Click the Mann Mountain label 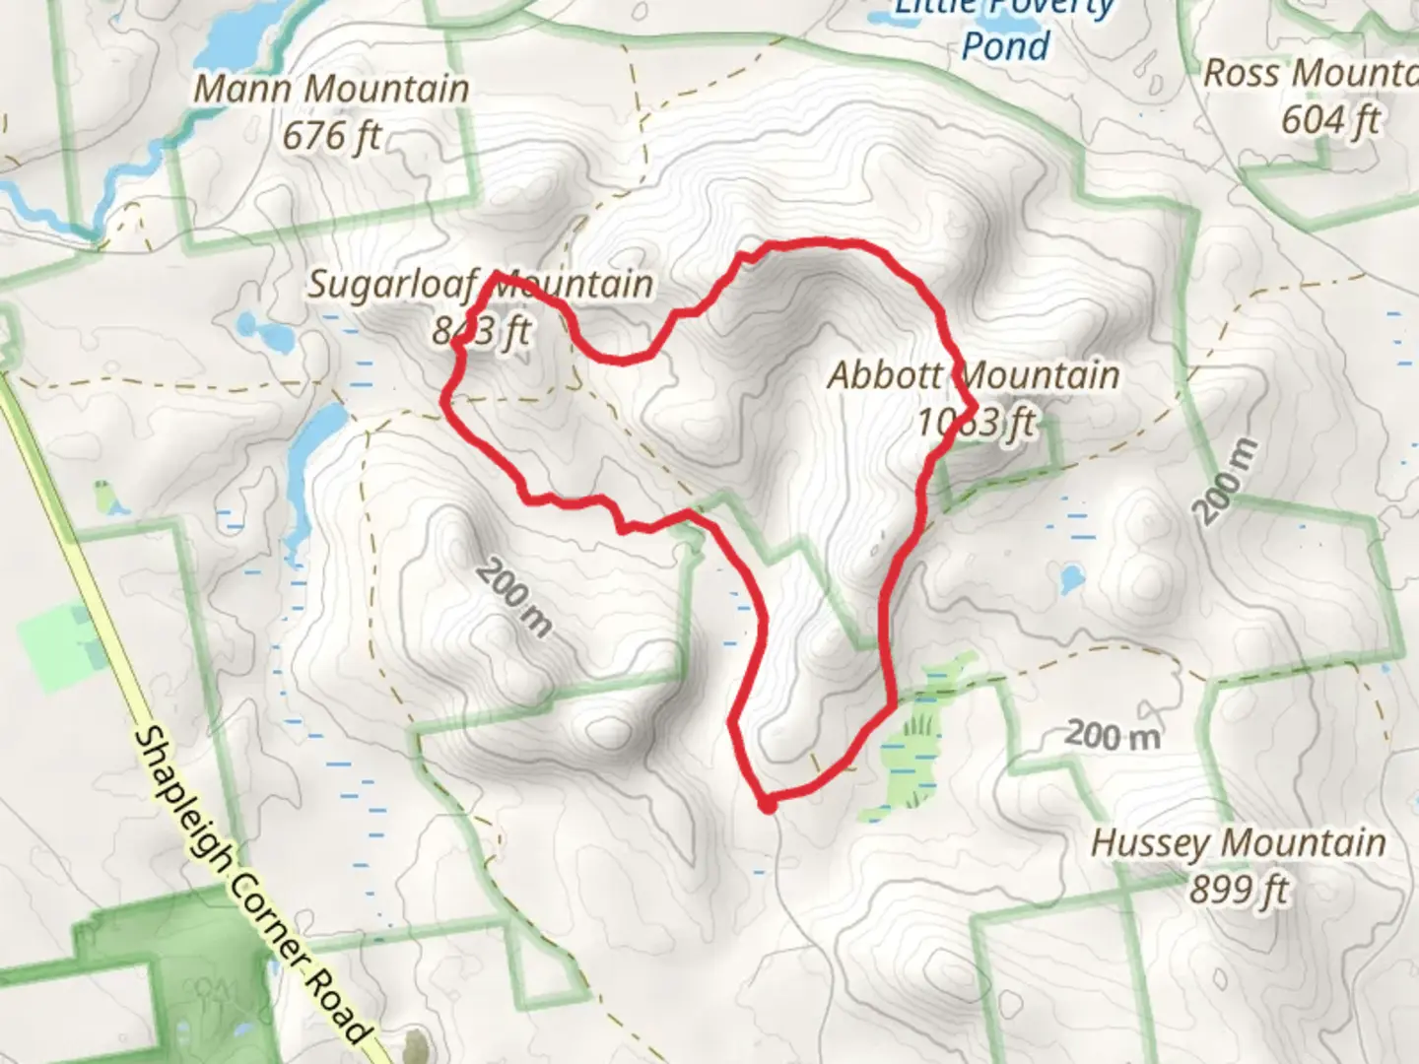point(331,89)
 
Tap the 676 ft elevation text point(331,135)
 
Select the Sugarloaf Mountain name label point(480,285)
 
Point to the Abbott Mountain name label point(974,375)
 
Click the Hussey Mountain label point(1238,843)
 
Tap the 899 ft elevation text point(1239,890)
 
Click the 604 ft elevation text point(1330,120)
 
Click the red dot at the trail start point(768,806)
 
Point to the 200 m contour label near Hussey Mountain point(1113,735)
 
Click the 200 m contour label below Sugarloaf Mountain point(515,598)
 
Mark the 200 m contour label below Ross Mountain point(1226,481)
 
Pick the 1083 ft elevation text point(976,423)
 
